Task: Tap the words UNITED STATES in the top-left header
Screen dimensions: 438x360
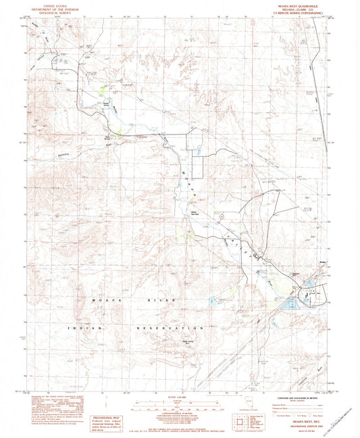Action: tap(57, 4)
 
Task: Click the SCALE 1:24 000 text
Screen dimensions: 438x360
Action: tap(179, 396)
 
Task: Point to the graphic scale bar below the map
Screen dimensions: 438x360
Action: tap(179, 406)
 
